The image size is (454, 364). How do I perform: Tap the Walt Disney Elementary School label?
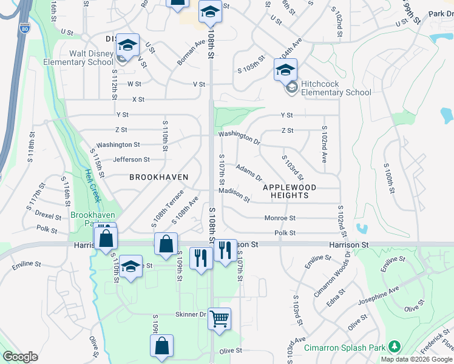[83, 58]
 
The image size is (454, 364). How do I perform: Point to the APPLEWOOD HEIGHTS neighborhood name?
[286, 191]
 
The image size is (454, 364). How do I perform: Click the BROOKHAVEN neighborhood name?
[158, 177]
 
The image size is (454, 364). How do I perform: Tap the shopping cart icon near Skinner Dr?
[219, 318]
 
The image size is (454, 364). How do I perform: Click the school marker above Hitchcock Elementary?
[285, 70]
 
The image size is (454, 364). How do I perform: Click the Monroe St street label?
[280, 218]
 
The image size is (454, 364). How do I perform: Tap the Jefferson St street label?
[131, 160]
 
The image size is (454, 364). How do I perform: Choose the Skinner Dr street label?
[191, 314]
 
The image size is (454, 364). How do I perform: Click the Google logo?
[21, 357]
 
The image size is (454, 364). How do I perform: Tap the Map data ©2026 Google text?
[416, 359]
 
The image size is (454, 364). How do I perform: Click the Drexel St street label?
[49, 216]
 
